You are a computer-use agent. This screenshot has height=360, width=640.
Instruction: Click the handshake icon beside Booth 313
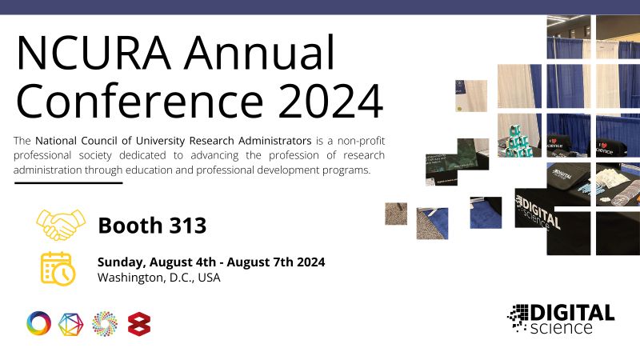(x=58, y=225)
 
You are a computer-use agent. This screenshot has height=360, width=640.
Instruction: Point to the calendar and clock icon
(x=58, y=269)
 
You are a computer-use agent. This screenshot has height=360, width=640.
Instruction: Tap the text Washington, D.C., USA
(x=158, y=278)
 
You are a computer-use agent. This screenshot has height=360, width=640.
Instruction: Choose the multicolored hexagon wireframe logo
(x=71, y=323)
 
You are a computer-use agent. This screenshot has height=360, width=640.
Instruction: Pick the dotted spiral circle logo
(x=105, y=323)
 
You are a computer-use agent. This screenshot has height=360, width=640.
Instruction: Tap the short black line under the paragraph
(x=68, y=183)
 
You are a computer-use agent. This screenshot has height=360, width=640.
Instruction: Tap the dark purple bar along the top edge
(x=320, y=7)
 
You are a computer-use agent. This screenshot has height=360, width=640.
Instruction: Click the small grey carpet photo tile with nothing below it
(x=395, y=214)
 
